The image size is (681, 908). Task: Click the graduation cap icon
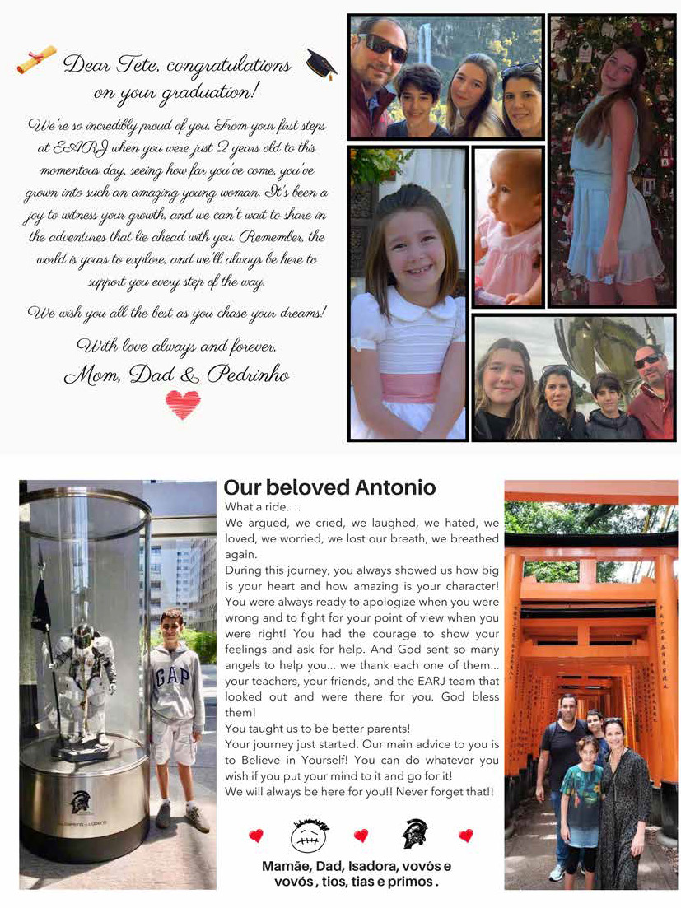point(320,64)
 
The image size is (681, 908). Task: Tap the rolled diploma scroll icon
point(37,59)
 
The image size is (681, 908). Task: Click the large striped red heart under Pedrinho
point(182,403)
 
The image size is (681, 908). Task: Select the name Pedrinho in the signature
point(247,375)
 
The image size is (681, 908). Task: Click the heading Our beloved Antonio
point(329,487)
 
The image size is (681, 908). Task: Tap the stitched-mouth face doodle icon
point(308,835)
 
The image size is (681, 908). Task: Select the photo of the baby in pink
point(508,226)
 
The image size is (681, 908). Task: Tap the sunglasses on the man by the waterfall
point(383,48)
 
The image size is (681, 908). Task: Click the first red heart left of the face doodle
point(256,836)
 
